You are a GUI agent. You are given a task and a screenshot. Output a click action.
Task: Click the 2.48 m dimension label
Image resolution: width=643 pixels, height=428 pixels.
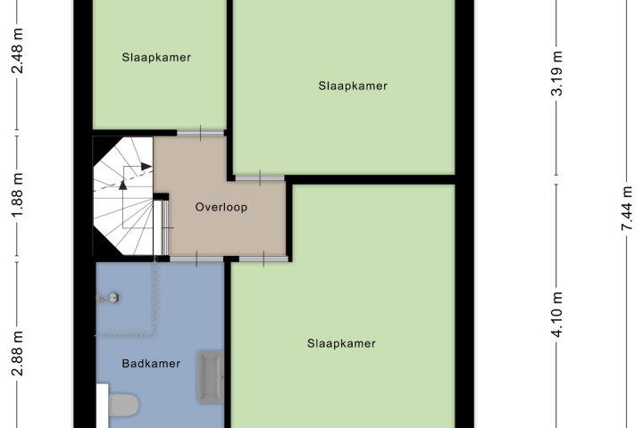tap(17, 51)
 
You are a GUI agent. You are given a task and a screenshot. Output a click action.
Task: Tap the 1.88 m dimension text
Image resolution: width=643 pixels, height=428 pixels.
tap(17, 196)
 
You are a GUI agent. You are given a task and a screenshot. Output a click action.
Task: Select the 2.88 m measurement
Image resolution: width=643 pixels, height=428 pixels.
tap(17, 353)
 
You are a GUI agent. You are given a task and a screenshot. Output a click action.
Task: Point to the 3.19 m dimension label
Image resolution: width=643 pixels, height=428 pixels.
tap(557, 74)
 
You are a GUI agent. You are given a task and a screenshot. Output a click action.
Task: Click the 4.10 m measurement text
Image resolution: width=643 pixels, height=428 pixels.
tap(557, 315)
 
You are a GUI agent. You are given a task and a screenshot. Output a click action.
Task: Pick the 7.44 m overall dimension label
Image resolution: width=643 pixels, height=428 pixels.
tap(627, 209)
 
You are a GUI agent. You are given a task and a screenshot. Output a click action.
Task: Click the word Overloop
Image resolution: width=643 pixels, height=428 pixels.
tap(221, 207)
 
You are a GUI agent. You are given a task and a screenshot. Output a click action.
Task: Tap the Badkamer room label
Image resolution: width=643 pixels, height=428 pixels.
tap(151, 363)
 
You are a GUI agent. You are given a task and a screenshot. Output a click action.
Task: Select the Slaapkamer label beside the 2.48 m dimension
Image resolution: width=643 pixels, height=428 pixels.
tap(156, 57)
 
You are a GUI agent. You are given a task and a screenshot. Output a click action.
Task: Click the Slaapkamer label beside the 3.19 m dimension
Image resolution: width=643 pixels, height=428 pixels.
tap(353, 86)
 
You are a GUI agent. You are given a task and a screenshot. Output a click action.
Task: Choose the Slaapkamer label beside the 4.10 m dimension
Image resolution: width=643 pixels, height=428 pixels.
tap(341, 343)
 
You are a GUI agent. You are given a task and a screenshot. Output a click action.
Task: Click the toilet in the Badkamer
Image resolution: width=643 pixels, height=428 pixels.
tap(122, 405)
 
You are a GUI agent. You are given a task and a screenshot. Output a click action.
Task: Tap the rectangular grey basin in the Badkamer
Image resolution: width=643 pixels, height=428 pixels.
tap(211, 377)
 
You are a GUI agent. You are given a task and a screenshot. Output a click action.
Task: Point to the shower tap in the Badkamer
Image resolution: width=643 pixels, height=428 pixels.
tap(109, 298)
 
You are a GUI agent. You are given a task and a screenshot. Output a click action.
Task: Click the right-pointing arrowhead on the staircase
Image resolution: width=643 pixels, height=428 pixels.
tap(146, 166)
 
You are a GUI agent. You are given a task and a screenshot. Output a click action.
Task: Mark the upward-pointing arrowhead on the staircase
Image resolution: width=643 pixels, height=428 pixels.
tap(122, 185)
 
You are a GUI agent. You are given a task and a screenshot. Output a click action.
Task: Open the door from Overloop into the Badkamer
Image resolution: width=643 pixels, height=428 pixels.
tap(196, 259)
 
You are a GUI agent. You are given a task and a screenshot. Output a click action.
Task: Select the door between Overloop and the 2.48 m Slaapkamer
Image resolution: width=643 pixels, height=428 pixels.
tap(201, 133)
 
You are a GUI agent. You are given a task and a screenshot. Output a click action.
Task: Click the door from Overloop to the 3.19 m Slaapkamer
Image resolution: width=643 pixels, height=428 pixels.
tap(260, 178)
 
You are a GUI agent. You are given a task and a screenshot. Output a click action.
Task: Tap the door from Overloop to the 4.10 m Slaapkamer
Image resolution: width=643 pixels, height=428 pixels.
tap(263, 259)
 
